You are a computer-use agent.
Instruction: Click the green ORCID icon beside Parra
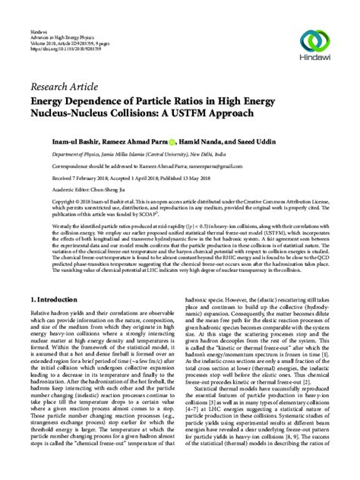coord(172,141)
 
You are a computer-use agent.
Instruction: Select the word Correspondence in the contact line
coord(50,164)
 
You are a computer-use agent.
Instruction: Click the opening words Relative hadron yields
coord(54,289)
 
